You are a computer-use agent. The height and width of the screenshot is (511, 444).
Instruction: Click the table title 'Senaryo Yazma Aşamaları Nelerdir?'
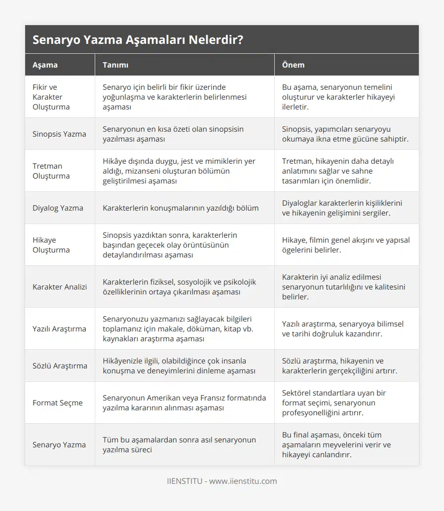[138, 40]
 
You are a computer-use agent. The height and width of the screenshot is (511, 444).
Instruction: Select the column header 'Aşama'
[45, 65]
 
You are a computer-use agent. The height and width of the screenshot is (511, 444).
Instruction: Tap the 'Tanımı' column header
[115, 65]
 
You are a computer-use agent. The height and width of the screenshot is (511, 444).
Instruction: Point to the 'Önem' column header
[293, 65]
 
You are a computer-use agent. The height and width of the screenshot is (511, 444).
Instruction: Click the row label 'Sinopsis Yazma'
[59, 134]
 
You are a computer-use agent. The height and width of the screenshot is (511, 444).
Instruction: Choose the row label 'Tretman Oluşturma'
[51, 171]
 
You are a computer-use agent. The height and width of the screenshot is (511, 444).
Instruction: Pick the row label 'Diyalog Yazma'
[58, 208]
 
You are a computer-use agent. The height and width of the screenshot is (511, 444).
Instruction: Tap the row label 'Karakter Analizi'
[60, 287]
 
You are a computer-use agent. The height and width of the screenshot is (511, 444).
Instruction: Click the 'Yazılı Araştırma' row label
[59, 328]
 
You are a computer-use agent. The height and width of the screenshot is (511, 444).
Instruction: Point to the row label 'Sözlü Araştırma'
[60, 365]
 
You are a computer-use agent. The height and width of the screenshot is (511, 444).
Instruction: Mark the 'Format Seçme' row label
[58, 402]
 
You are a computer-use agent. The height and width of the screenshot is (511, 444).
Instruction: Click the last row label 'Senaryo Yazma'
[59, 444]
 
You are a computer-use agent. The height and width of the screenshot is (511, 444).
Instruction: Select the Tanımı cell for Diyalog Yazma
[181, 208]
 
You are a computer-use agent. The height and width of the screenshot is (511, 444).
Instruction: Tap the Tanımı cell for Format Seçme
[184, 402]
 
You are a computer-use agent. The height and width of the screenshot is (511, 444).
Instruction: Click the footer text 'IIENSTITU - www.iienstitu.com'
[222, 481]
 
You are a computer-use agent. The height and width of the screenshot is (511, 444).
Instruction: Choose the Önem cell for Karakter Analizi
[344, 287]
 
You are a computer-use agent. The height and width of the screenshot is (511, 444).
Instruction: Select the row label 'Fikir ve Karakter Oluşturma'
[51, 97]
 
